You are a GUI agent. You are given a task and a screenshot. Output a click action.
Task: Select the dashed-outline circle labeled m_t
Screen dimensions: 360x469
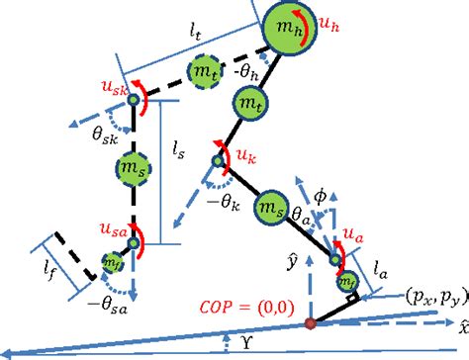205,73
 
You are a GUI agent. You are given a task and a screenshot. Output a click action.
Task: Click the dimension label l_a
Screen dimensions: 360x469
382,263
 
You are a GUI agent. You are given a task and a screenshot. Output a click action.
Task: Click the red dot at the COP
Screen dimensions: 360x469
310,322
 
